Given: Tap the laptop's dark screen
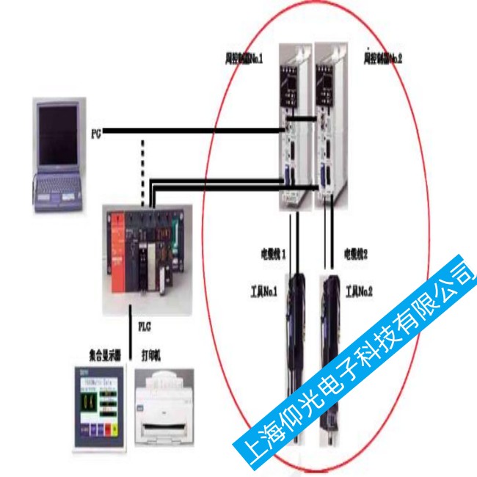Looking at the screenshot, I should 59,135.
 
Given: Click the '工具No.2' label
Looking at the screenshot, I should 360,291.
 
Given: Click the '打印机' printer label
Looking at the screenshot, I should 151,355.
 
